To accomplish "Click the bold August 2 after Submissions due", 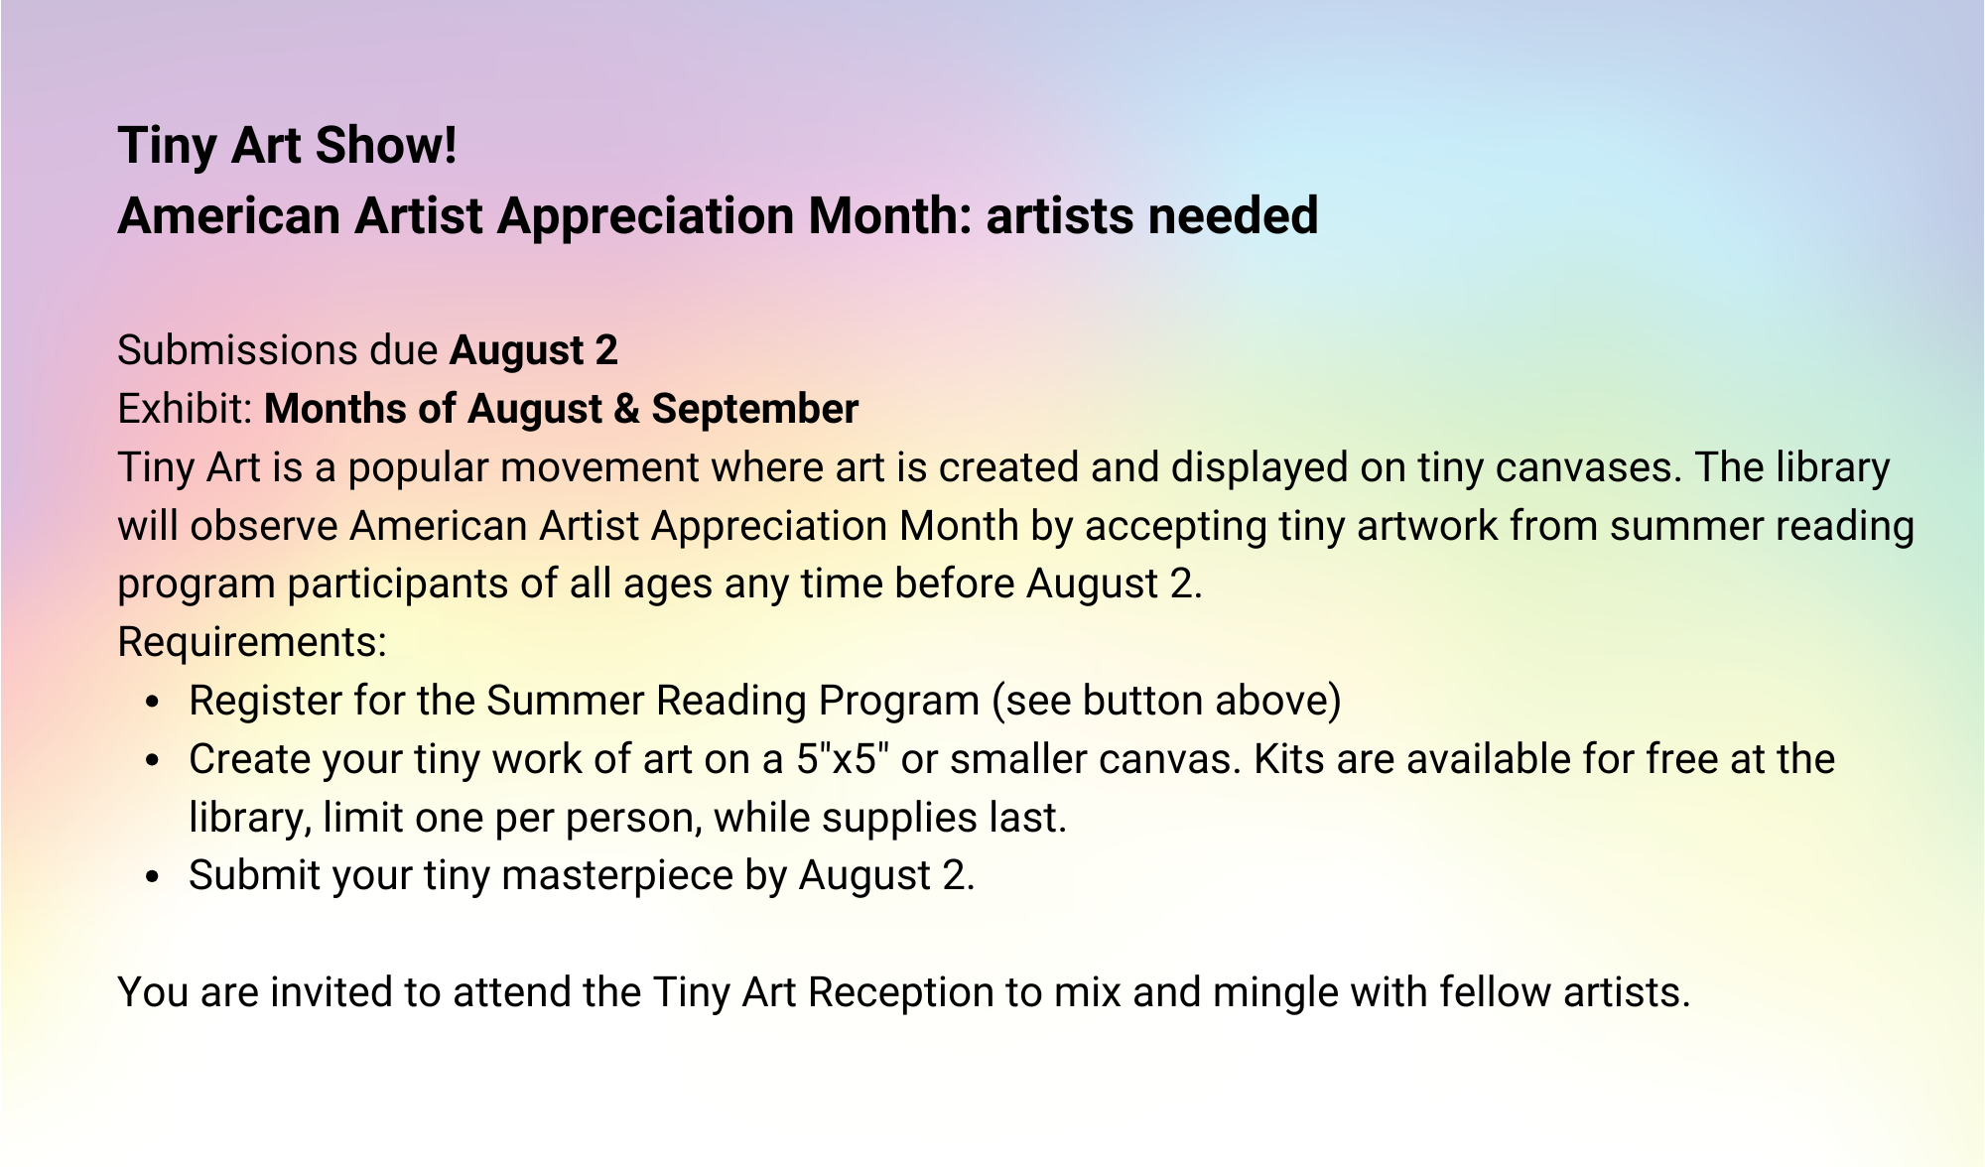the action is [x=534, y=350].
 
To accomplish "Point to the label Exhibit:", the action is [x=186, y=409].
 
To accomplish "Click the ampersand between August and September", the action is [x=626, y=409].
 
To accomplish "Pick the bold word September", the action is [x=754, y=409].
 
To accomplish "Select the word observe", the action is [x=264, y=526].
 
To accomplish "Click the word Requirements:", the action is [x=252, y=643].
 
